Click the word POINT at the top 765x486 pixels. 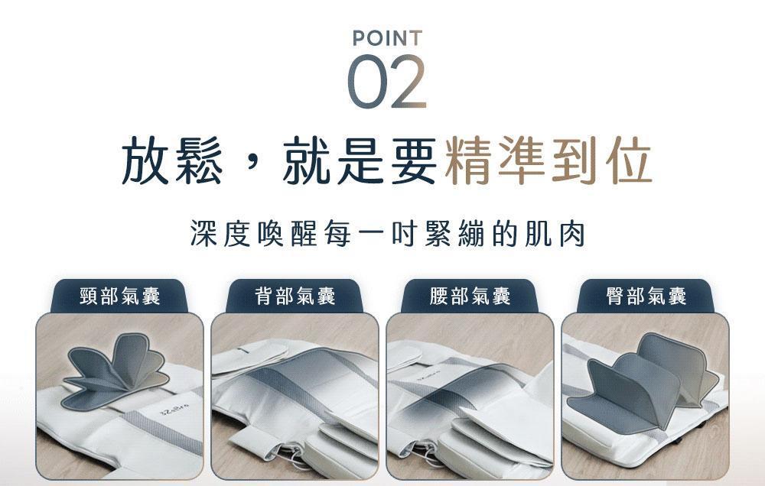tap(387, 38)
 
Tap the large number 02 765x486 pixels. tap(387, 82)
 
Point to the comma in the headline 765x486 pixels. tap(252, 166)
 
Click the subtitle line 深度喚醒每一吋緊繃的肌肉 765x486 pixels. tap(387, 234)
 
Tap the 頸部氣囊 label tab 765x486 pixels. tap(119, 296)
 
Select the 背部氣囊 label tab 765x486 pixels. tap(295, 296)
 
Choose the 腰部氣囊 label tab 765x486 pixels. tap(470, 296)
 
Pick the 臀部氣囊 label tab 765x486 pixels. tap(646, 296)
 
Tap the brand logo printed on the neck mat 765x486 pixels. tap(174, 411)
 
